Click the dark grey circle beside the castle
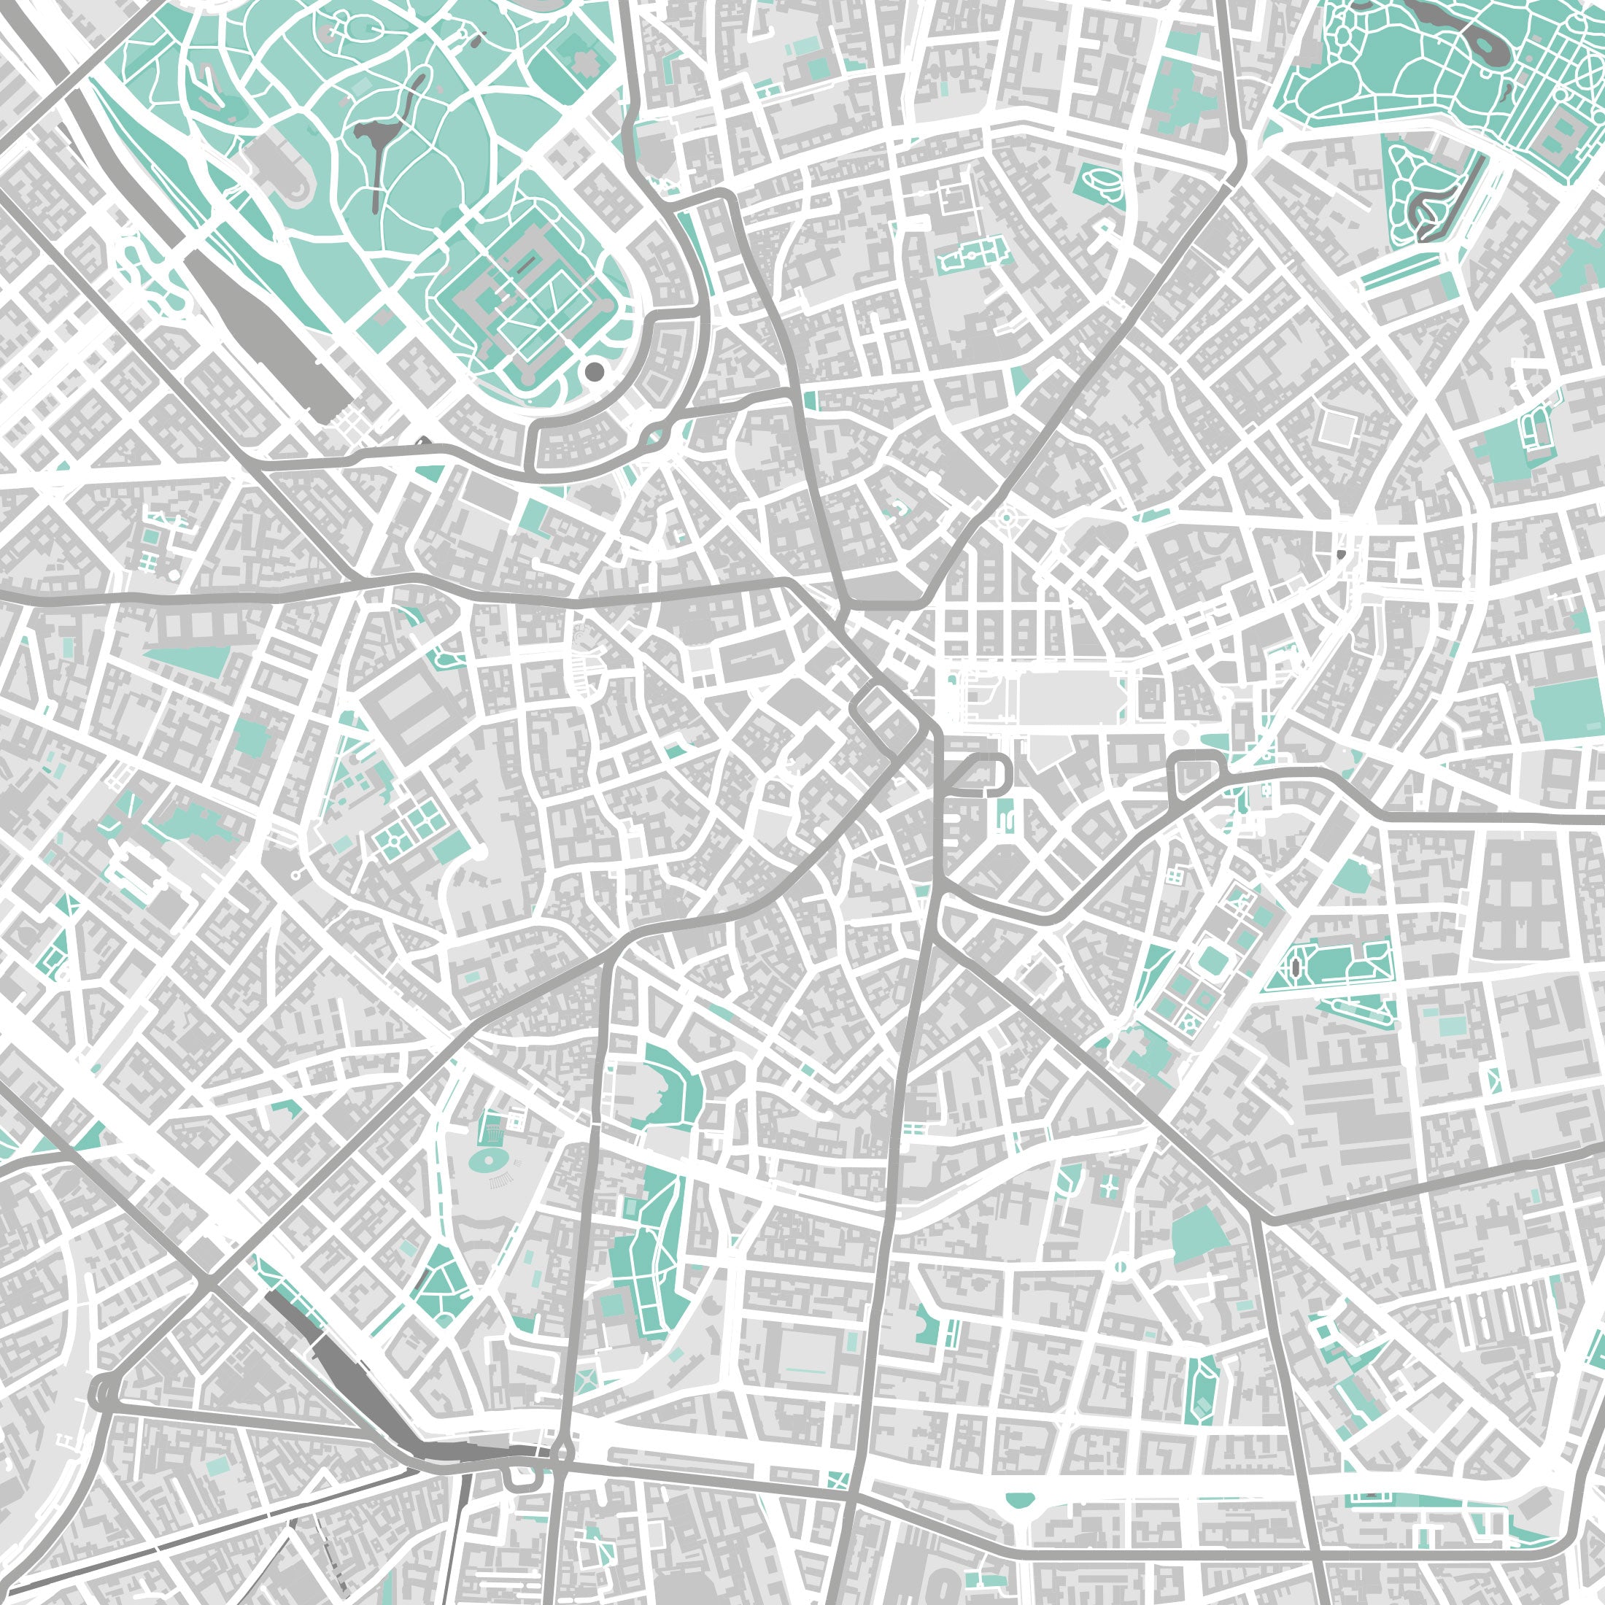(594, 371)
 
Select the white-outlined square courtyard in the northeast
(1336, 428)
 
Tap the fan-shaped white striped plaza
(587, 665)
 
